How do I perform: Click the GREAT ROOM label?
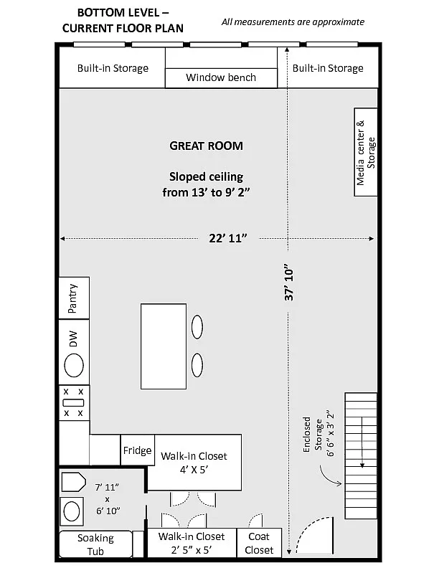tap(206, 146)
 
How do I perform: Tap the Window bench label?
tap(221, 77)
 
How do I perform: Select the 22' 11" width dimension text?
tap(228, 238)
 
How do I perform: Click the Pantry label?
tap(72, 298)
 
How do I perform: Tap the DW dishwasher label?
tap(73, 339)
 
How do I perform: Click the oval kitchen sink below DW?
tap(74, 365)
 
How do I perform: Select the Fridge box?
tap(137, 450)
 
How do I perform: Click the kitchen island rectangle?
tap(164, 346)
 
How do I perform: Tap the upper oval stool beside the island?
tap(197, 327)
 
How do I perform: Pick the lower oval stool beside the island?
tap(197, 365)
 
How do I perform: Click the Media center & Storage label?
tap(366, 153)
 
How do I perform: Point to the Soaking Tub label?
tap(95, 544)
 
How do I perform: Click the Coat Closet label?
tap(259, 543)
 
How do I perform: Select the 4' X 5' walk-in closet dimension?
tap(194, 470)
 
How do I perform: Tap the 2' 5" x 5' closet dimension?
tap(192, 550)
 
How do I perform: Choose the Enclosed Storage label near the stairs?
tap(312, 435)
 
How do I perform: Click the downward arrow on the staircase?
tap(362, 442)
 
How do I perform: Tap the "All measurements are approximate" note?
tap(293, 22)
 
